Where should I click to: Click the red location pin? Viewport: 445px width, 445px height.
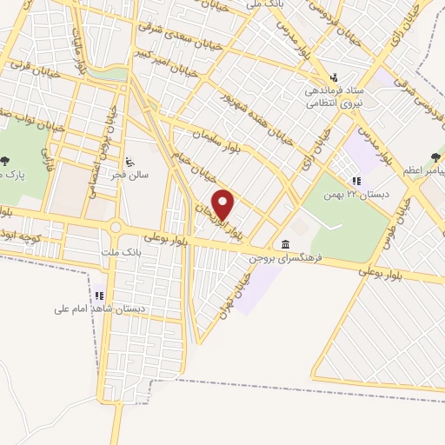pos(224,204)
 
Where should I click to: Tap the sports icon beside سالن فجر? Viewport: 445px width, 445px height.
pos(130,160)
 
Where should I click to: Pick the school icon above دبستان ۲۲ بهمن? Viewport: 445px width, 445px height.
pos(356,180)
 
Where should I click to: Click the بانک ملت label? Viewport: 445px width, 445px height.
pos(121,250)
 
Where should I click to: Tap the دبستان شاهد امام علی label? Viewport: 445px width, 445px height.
pos(98,309)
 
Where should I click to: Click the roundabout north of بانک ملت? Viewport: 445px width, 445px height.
pos(115,228)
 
